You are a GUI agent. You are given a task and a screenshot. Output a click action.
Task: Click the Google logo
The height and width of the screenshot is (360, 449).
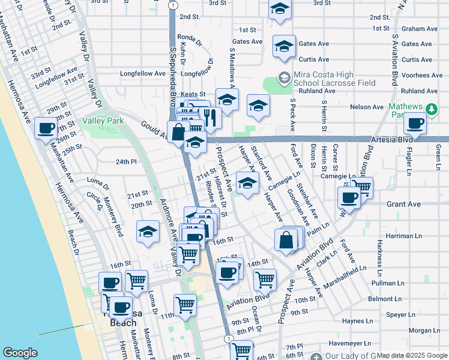pos(20,353)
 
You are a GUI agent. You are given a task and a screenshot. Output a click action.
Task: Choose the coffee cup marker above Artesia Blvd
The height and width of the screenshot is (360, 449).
pos(415,124)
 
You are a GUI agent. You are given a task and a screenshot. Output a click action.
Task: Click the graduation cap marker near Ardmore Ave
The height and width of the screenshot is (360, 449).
pos(146,232)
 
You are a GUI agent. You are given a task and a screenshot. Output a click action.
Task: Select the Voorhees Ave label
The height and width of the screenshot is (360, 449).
pos(421,75)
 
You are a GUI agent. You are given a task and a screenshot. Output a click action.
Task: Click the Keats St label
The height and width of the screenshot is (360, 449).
pos(193,95)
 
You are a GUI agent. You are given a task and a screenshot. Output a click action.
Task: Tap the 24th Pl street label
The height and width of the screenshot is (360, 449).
pos(127,162)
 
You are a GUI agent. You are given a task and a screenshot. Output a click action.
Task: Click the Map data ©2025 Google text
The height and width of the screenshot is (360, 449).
pos(412,355)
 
